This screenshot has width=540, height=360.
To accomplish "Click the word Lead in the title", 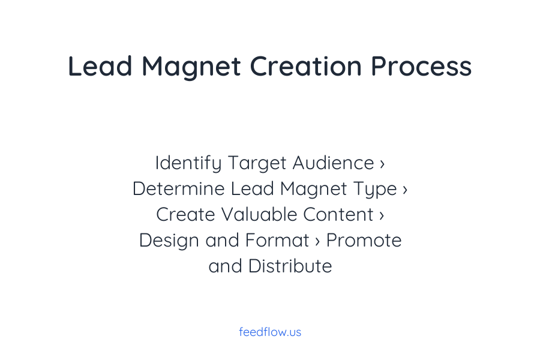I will click(x=100, y=66).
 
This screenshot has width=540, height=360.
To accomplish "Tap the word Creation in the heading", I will click(x=306, y=66).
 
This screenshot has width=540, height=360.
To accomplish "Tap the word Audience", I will click(x=333, y=163).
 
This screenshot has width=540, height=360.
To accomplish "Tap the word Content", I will click(x=338, y=215).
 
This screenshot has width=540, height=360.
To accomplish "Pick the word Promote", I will click(x=364, y=241).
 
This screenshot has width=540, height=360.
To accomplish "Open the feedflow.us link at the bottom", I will click(x=270, y=332).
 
